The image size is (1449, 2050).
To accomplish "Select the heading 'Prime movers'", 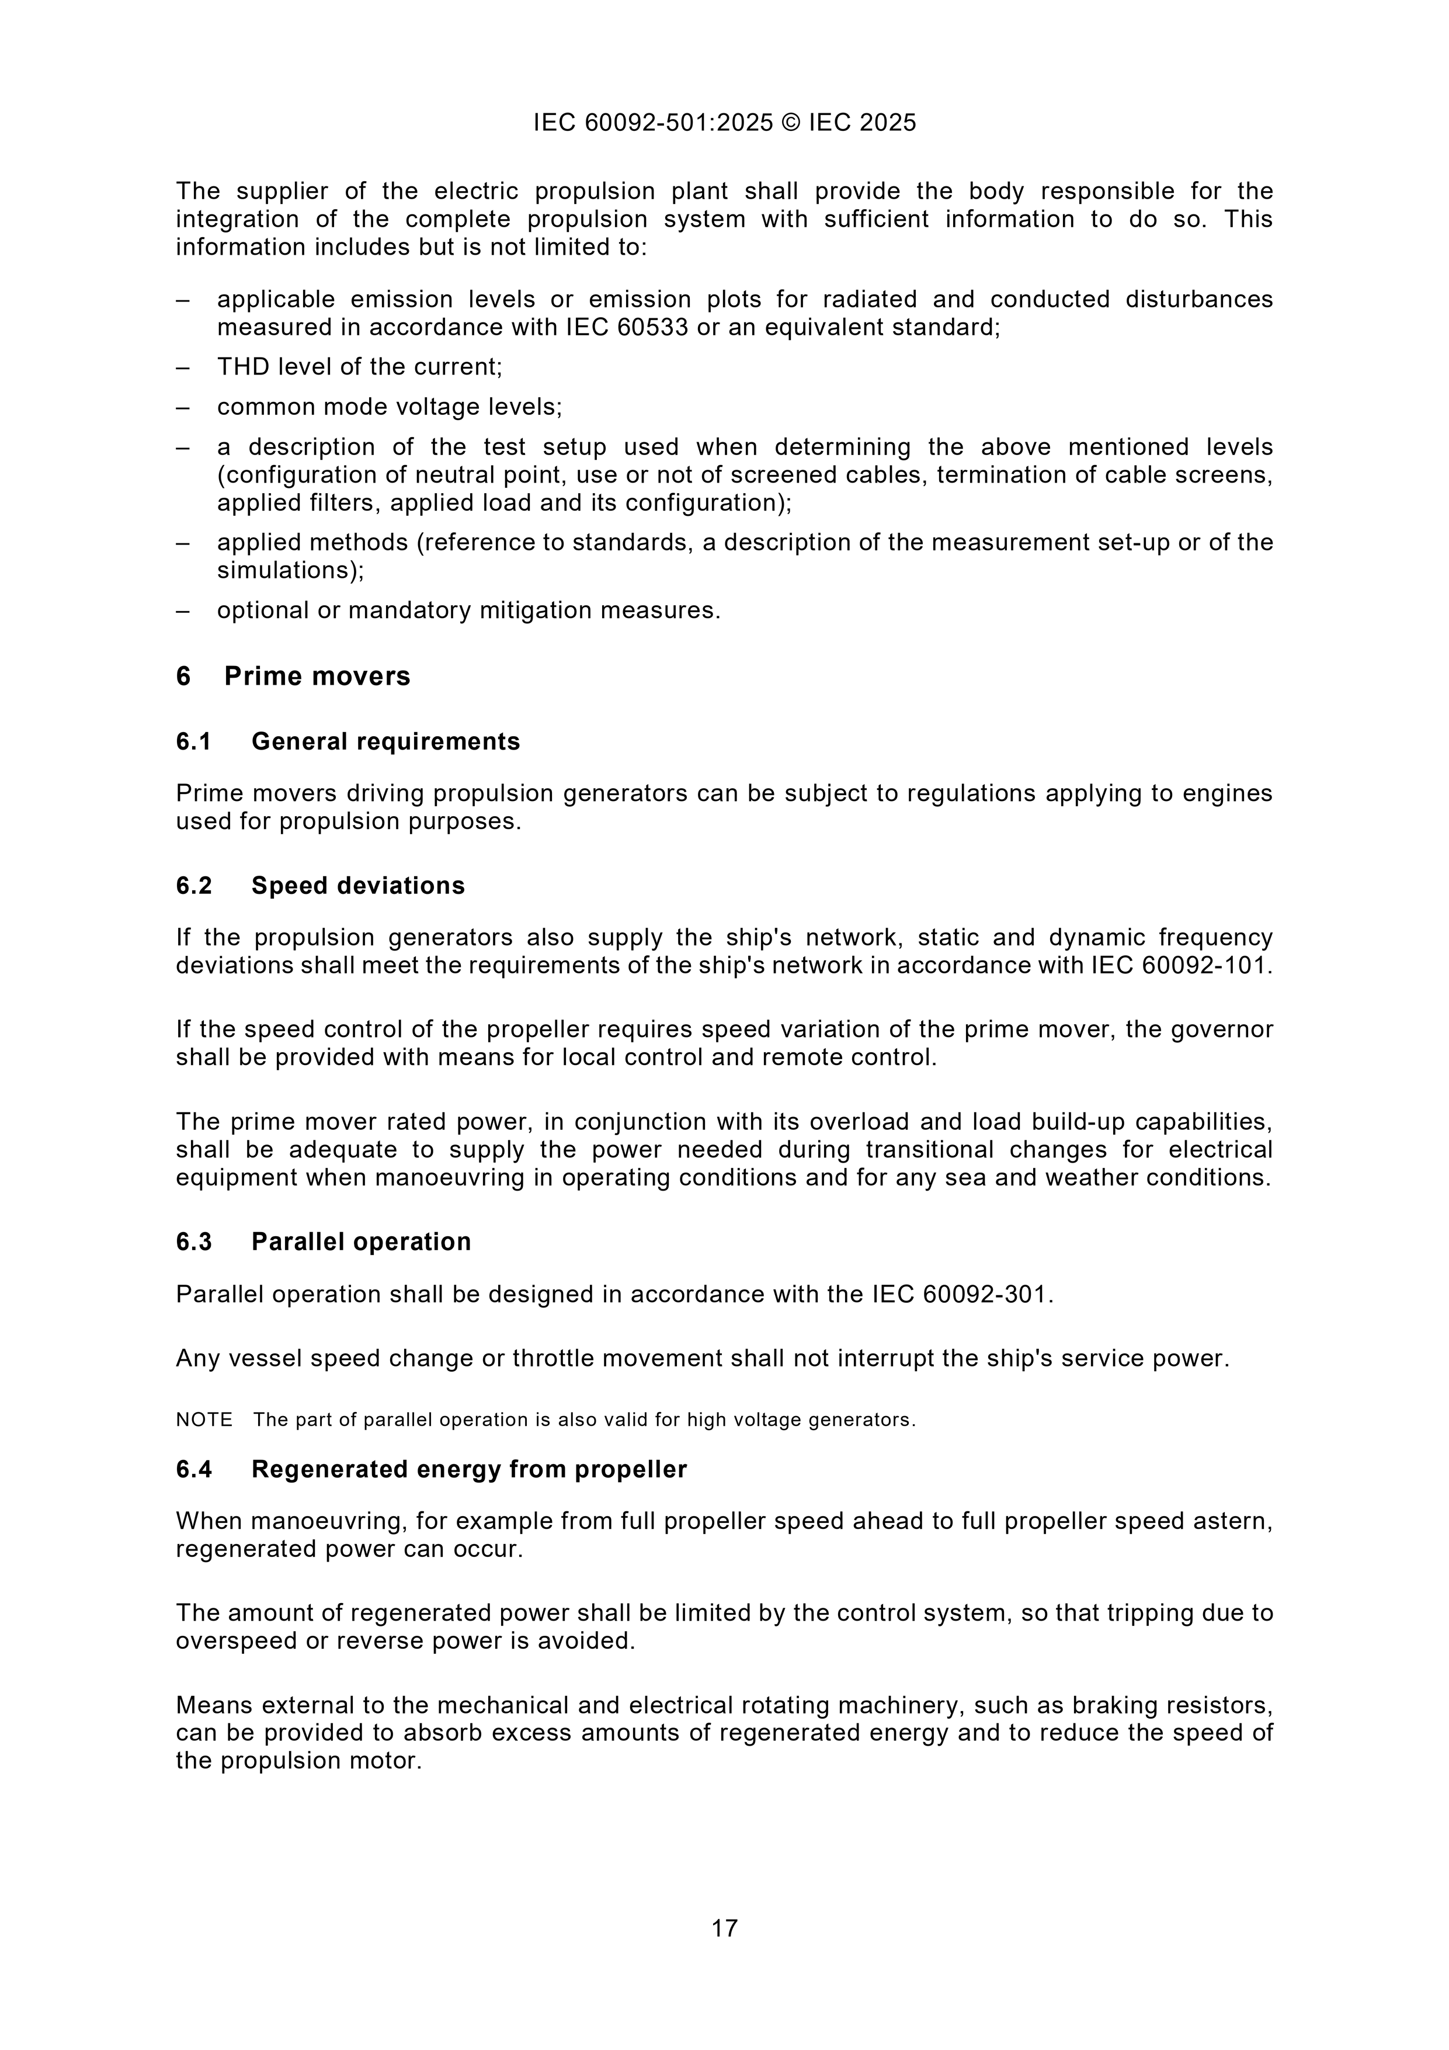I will point(317,677).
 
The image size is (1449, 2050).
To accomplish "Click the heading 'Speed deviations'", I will point(358,886).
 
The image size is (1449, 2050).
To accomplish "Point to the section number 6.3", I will point(194,1242).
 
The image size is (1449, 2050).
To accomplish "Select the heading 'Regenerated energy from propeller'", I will point(469,1470).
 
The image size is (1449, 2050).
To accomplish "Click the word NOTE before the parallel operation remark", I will point(204,1420).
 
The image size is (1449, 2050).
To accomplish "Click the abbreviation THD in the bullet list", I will point(244,367).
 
